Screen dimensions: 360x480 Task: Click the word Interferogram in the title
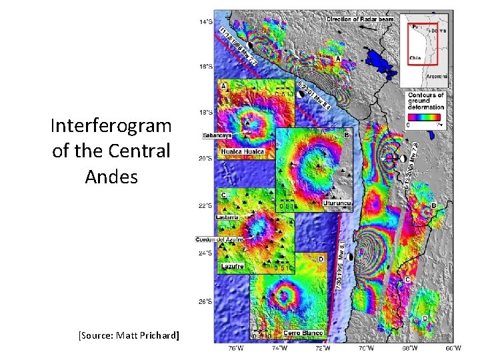tap(111, 125)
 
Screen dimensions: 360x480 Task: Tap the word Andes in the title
tap(111, 177)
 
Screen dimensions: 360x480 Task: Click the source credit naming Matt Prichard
tap(129, 334)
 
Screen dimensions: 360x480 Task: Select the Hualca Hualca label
tap(243, 152)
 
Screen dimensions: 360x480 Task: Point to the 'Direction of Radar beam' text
tap(360, 19)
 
